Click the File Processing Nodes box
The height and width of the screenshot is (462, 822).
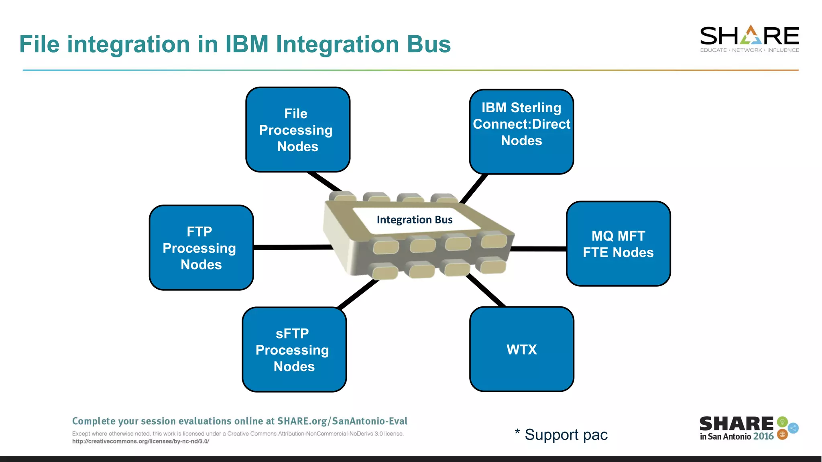pyautogui.click(x=297, y=130)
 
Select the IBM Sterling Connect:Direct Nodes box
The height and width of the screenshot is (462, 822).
pyautogui.click(x=521, y=132)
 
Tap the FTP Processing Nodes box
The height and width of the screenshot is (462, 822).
pyautogui.click(x=201, y=248)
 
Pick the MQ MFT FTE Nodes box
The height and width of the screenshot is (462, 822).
pyautogui.click(x=618, y=244)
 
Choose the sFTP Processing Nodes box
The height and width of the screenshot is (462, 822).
pyautogui.click(x=294, y=350)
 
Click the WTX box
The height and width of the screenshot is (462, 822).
pyautogui.click(x=521, y=349)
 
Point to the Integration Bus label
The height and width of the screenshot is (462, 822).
pyautogui.click(x=414, y=220)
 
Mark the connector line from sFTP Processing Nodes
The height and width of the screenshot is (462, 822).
pyautogui.click(x=357, y=294)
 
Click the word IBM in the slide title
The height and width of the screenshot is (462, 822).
pyautogui.click(x=246, y=44)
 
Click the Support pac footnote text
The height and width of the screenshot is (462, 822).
pyautogui.click(x=566, y=435)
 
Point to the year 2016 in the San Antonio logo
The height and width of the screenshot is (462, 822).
pyautogui.click(x=763, y=436)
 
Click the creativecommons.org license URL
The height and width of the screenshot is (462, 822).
pyautogui.click(x=140, y=442)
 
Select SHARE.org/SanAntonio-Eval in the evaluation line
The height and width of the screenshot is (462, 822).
pyautogui.click(x=342, y=421)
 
